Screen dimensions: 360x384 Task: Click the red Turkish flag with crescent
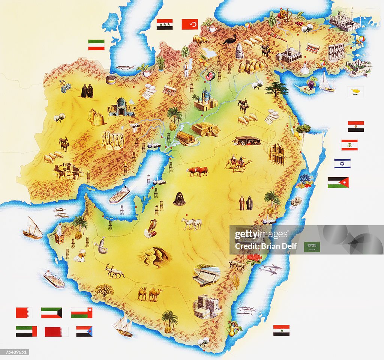click(190, 24)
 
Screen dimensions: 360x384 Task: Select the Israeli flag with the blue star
click(342, 164)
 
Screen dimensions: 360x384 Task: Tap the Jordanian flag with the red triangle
click(338, 182)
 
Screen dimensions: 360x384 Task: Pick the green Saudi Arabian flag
click(312, 247)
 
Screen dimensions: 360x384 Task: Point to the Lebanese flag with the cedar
click(349, 145)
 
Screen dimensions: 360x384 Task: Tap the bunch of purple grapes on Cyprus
click(311, 83)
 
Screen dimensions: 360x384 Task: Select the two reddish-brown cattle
click(197, 171)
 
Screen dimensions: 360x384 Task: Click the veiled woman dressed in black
click(179, 199)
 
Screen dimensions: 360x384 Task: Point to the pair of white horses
click(192, 224)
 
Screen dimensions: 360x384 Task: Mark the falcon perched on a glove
click(151, 229)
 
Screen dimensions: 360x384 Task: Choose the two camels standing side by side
click(150, 294)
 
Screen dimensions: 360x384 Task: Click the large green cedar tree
click(277, 89)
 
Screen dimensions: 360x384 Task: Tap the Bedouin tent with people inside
click(247, 141)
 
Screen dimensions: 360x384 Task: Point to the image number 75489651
click(15, 352)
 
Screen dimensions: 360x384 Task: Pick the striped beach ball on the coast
click(360, 39)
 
